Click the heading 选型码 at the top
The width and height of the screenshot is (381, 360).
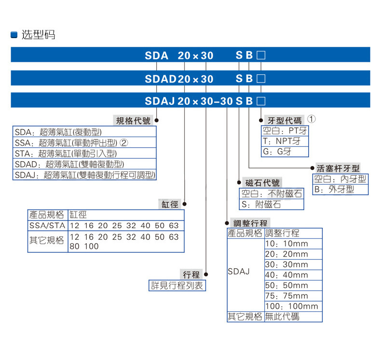coord(38,35)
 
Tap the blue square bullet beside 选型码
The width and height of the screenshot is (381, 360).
coord(14,35)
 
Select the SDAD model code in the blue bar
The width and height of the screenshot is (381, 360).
coord(161,79)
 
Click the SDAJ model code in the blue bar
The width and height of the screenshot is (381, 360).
coord(160,101)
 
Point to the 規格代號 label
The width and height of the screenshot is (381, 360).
coord(133,121)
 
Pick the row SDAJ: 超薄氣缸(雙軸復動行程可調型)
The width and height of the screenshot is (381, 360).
coord(84,175)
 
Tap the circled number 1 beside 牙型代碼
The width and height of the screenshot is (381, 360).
coord(311,119)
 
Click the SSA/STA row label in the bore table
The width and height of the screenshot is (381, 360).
coord(47,225)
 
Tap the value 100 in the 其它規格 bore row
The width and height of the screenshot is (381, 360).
coord(91,246)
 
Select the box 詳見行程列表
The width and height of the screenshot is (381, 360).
coord(177,285)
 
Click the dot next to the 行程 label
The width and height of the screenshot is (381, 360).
coord(206,275)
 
